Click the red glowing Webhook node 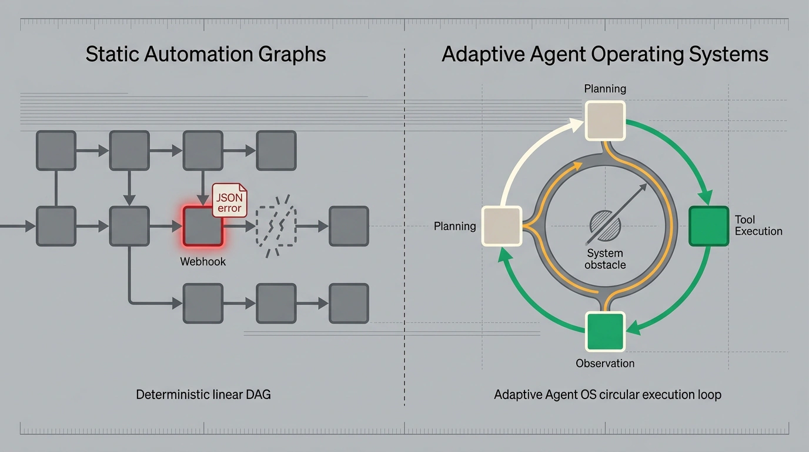(x=203, y=227)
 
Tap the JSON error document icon (x=230, y=200)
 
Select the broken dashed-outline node (x=276, y=227)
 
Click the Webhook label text (x=203, y=261)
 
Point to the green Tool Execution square (x=708, y=227)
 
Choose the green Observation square (x=605, y=331)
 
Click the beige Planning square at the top (x=605, y=121)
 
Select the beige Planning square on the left (x=502, y=227)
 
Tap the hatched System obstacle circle (x=606, y=225)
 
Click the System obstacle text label (x=605, y=259)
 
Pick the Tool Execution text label (x=758, y=225)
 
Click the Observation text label (x=605, y=363)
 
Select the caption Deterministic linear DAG (x=203, y=394)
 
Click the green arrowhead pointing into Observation (x=634, y=328)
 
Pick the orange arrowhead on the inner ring (x=577, y=167)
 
